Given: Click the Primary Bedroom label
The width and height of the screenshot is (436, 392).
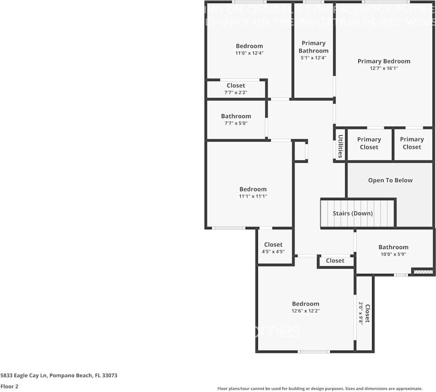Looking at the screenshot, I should coord(384,61).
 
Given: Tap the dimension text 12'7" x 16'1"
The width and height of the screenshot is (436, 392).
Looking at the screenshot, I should coord(384,68).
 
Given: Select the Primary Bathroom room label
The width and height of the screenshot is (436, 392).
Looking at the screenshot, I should coord(313,47).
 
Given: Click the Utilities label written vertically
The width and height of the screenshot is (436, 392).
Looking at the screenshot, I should coord(340,146).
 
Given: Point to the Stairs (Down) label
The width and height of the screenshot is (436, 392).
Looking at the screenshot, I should coord(353,213).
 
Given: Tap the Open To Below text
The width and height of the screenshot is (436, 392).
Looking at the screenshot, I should coord(390,180).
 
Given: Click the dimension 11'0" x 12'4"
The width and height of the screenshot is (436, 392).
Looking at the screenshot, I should coord(249,53).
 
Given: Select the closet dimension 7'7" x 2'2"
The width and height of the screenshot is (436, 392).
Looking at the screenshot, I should coord(236,93).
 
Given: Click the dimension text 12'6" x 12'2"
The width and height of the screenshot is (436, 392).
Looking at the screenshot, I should coord(306,311).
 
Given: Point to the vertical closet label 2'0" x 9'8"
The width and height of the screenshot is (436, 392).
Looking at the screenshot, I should coord(364,314).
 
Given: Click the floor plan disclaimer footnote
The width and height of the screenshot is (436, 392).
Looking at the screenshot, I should coord(320,388).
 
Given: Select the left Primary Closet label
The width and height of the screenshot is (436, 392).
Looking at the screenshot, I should coord(369,143).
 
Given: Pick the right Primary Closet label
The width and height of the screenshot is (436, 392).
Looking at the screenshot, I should coord(412,143).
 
